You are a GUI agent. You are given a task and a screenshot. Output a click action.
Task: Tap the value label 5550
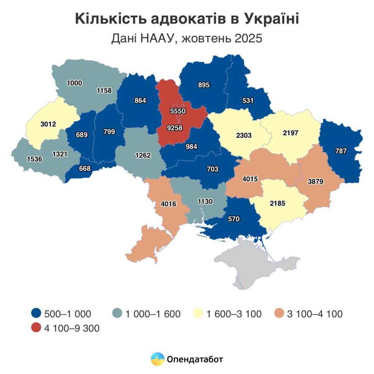pos(178,110)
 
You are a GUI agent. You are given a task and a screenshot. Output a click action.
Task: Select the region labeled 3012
pos(48,124)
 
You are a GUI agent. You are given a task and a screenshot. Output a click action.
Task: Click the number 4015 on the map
pos(250,179)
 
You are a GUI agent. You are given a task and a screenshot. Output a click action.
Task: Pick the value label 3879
pos(316,181)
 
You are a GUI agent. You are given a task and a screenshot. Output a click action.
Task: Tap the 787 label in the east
pos(341,150)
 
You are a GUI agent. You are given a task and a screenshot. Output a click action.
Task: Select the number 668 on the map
pos(84,168)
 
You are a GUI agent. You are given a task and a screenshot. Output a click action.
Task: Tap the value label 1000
pos(74,83)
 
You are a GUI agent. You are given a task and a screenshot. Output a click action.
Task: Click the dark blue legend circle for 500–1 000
pos(36,313)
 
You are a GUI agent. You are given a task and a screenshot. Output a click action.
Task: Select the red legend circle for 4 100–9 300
pos(36,328)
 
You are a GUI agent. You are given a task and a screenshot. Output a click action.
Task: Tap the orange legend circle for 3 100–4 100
pos(280,313)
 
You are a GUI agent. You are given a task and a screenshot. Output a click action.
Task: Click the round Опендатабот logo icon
pos(158,359)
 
